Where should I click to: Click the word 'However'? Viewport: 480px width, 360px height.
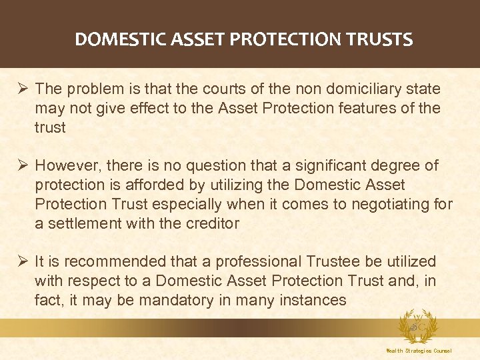pyautogui.click(x=65, y=165)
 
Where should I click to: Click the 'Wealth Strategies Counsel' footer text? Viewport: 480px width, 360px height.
pyautogui.click(x=419, y=351)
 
